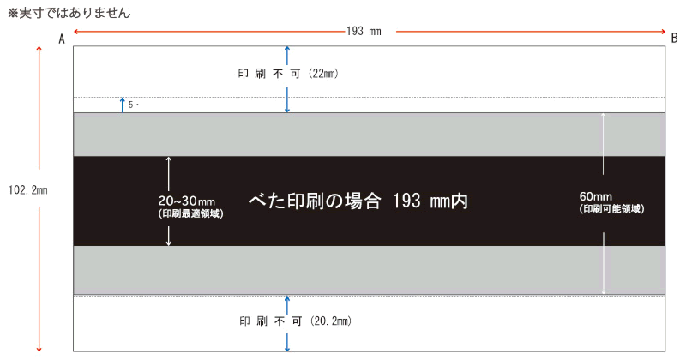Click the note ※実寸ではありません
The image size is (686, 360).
[x=69, y=13]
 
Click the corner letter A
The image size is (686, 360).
[x=62, y=39]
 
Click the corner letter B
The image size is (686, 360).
[x=674, y=39]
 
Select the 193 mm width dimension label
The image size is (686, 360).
[x=364, y=31]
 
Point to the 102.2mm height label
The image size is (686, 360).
[x=28, y=190]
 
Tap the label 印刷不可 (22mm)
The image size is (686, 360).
[x=288, y=74]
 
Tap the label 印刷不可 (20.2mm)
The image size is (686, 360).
[x=295, y=321]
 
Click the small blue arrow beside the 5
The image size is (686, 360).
[x=123, y=105]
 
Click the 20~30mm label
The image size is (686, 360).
[x=187, y=201]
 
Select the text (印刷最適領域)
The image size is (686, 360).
[x=190, y=213]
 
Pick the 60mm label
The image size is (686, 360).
[x=595, y=196]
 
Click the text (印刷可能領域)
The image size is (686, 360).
[x=611, y=208]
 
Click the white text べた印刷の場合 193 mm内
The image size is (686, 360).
[x=358, y=201]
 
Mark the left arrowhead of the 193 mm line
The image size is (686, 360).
[x=75, y=32]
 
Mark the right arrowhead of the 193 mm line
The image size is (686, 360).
[x=663, y=32]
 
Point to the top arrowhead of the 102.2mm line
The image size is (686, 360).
[x=39, y=49]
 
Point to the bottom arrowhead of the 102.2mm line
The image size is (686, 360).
[x=39, y=349]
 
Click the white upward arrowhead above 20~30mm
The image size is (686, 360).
[x=169, y=159]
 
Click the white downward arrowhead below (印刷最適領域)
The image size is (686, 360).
[x=169, y=243]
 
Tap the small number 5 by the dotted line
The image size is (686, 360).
[x=130, y=105]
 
